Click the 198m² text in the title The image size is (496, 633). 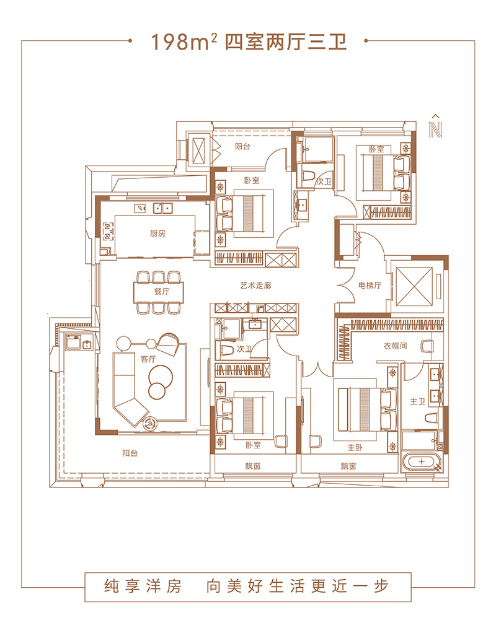(184, 41)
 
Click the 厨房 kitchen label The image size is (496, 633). (157, 234)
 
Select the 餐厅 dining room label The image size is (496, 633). (162, 291)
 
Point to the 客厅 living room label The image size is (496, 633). (148, 359)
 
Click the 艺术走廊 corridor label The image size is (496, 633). (255, 286)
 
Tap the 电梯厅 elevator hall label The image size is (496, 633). (370, 286)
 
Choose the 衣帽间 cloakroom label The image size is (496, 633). (395, 346)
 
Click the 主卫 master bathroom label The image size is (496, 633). (417, 401)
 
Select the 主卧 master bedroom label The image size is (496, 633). (355, 447)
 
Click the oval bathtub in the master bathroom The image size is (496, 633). (422, 462)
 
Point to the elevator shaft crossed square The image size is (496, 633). (414, 286)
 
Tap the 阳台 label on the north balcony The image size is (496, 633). (242, 147)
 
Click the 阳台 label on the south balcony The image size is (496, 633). (130, 453)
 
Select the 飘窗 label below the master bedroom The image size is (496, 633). (348, 466)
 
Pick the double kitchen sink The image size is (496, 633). (162, 208)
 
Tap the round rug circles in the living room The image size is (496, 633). (159, 381)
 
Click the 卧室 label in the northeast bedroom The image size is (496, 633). (376, 149)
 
